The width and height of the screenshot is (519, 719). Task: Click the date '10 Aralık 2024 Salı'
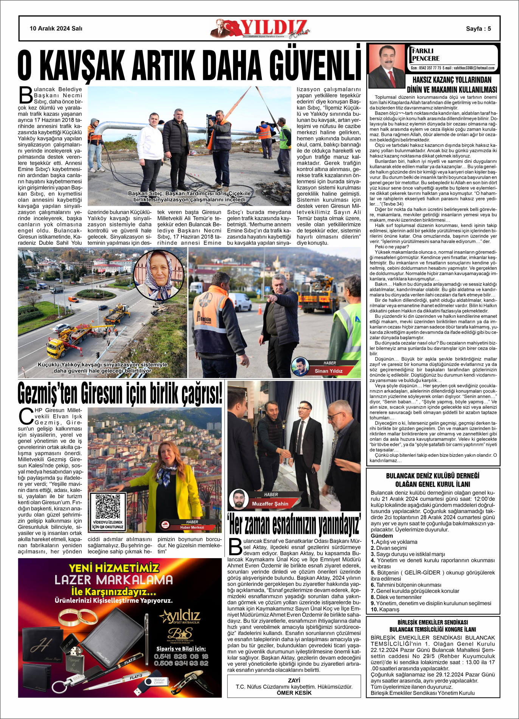click(56, 28)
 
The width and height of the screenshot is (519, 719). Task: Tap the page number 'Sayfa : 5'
click(478, 29)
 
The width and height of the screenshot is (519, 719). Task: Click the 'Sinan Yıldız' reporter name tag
click(328, 371)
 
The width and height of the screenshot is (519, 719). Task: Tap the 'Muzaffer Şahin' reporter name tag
click(270, 504)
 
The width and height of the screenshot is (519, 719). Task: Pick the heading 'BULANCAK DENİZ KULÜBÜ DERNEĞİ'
click(433, 476)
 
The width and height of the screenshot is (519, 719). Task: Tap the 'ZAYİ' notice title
click(294, 680)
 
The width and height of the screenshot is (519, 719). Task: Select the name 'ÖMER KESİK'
click(294, 693)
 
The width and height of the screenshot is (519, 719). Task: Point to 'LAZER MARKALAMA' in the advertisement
click(113, 580)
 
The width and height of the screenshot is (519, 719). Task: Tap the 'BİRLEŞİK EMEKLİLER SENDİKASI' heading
click(433, 622)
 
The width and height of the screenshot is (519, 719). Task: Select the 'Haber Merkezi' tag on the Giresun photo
click(192, 527)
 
